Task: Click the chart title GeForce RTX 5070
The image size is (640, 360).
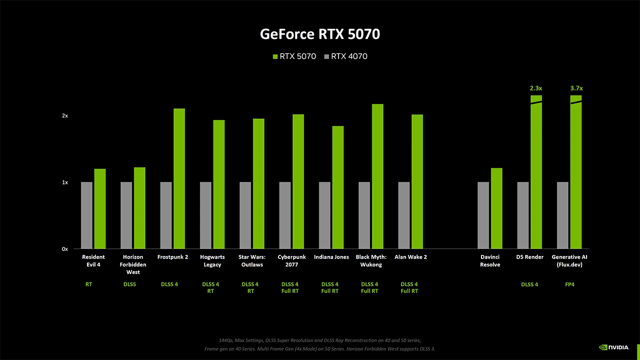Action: coord(320,34)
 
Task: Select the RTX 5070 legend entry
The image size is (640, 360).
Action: coord(294,56)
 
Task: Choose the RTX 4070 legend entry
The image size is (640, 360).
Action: coord(345,56)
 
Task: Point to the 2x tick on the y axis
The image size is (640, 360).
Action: coord(65,115)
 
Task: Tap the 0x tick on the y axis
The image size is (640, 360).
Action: coord(65,249)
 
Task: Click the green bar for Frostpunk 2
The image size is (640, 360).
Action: coord(179,178)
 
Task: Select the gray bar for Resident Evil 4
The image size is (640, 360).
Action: coord(86,215)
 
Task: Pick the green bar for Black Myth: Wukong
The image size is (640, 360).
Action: coord(377,176)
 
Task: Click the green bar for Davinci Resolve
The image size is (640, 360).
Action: coord(496,208)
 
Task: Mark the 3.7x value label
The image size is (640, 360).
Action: coord(576,88)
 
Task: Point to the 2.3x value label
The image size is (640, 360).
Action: coord(536,88)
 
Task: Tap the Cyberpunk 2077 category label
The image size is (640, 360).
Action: coord(291,260)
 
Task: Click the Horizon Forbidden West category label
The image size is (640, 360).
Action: coord(133,264)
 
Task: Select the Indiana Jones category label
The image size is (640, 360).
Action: coord(331,257)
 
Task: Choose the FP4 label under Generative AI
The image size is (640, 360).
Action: coord(569,284)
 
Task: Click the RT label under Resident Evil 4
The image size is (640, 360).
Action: coord(88,284)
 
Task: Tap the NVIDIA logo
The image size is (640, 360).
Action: coord(614,347)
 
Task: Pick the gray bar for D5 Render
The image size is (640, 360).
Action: coord(523,215)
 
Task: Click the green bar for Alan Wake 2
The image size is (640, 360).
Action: coord(417,181)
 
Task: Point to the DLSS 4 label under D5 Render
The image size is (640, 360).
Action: coord(529,284)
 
